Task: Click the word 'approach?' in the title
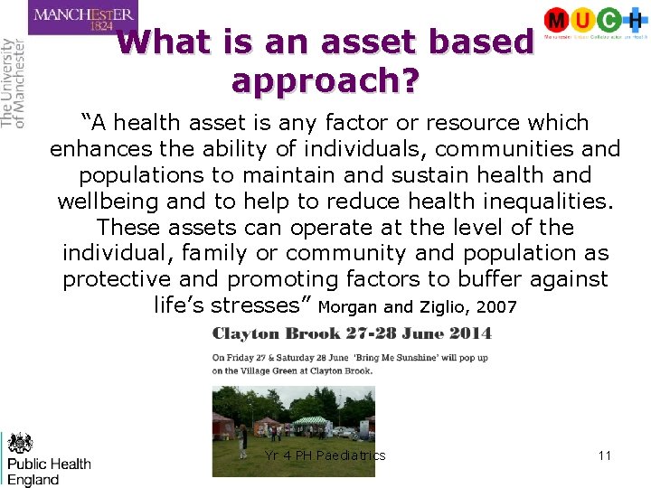click(x=325, y=80)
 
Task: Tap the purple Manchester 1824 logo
click(x=82, y=18)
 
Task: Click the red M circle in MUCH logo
click(x=557, y=20)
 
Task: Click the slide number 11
click(x=605, y=455)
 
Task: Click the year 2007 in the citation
click(x=496, y=307)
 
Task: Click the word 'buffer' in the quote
click(x=489, y=279)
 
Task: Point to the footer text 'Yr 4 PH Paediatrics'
click(x=325, y=455)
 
